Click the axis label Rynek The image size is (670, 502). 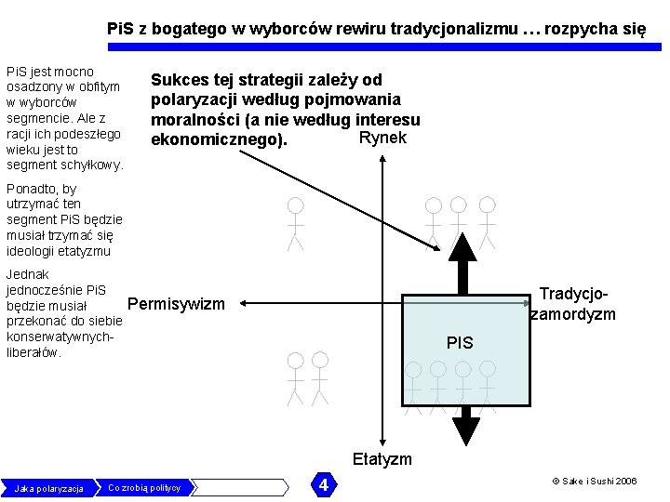pos(382,139)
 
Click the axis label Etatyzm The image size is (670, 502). pos(382,459)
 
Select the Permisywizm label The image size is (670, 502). pos(176,304)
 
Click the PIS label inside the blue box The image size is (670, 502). pos(460,343)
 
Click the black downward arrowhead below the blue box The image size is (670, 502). pos(464,430)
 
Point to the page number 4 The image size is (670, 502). pos(323,485)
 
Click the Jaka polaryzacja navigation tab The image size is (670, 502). pos(49,488)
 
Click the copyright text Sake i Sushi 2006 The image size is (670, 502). pos(595,482)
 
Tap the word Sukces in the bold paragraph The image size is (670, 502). pos(180,81)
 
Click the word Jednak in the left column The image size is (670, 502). pos(28,274)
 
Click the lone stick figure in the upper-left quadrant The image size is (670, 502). pos(295,223)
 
